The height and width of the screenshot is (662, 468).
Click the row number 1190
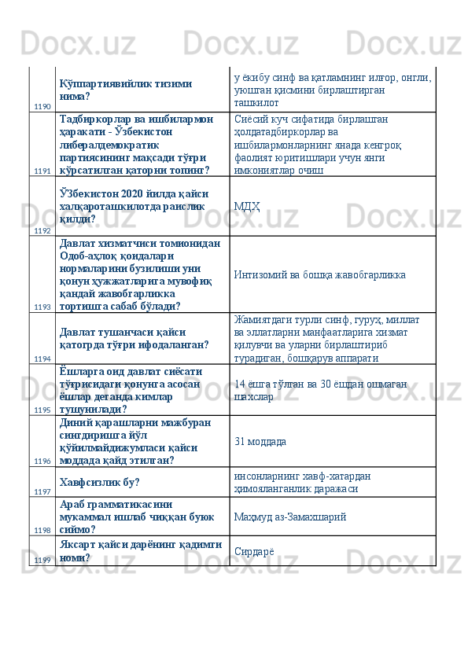coord(42,106)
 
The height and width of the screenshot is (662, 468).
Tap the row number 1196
coord(42,461)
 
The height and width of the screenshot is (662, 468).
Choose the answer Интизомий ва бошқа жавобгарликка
coord(320,275)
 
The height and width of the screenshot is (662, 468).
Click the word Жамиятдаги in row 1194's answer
coord(263,320)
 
